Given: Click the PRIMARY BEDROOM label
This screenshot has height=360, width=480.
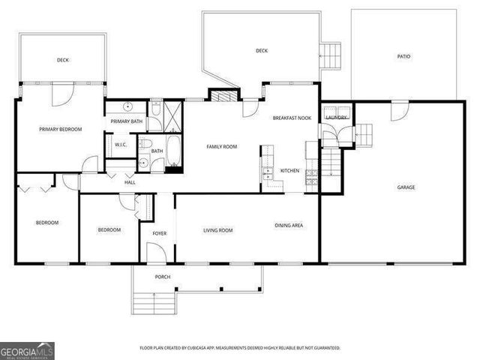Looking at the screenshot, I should click(x=60, y=129).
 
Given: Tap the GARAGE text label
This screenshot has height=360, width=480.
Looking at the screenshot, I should click(x=406, y=187).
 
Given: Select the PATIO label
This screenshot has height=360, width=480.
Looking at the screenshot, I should click(x=403, y=56).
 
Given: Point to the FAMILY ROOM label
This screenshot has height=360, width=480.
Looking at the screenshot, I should click(x=221, y=146).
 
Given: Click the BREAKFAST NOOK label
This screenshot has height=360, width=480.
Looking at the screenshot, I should click(x=292, y=118).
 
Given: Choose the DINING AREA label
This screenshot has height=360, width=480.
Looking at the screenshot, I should click(x=288, y=224).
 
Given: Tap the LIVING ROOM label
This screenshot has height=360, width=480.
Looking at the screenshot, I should click(x=217, y=230).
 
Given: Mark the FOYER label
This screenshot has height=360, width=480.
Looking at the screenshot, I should click(x=160, y=233).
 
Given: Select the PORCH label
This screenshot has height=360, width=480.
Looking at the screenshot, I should click(x=163, y=277).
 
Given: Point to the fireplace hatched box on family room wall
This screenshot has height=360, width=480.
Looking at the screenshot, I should click(x=220, y=96).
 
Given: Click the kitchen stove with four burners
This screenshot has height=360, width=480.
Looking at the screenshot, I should click(x=311, y=177).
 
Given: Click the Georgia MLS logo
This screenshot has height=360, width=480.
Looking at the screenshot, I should click(x=27, y=350).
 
